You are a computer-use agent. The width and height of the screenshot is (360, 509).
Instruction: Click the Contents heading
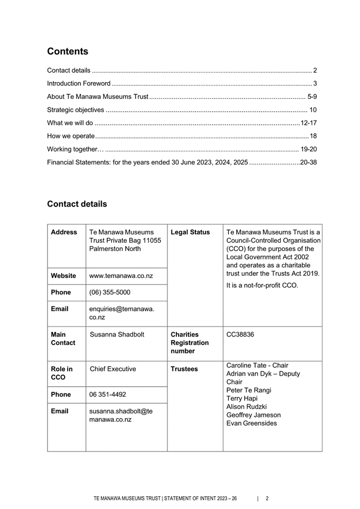(68, 51)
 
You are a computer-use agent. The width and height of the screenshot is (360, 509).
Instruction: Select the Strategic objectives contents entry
(75, 110)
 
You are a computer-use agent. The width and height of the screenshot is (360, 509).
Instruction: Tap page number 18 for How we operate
(313, 136)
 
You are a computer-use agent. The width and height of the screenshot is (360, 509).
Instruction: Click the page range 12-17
(309, 123)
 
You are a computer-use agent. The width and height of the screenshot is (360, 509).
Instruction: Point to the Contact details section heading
(77, 204)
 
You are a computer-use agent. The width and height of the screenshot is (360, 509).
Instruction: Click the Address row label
(64, 232)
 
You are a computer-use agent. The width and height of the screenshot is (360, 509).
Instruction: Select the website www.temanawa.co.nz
(121, 276)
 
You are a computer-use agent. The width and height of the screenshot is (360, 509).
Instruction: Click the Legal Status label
(190, 232)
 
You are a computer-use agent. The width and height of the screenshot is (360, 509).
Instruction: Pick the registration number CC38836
(240, 334)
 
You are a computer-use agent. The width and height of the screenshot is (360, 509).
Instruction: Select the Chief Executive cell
(113, 369)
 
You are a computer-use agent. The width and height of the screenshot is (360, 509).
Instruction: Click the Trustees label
(185, 369)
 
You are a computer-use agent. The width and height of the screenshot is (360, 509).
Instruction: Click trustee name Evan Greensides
(251, 423)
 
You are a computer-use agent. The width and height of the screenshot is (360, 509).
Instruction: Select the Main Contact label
(63, 338)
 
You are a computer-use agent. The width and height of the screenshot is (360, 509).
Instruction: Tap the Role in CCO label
(61, 373)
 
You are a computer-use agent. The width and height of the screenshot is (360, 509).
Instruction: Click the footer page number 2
(267, 498)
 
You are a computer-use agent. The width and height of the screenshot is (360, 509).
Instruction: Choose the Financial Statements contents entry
(147, 162)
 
